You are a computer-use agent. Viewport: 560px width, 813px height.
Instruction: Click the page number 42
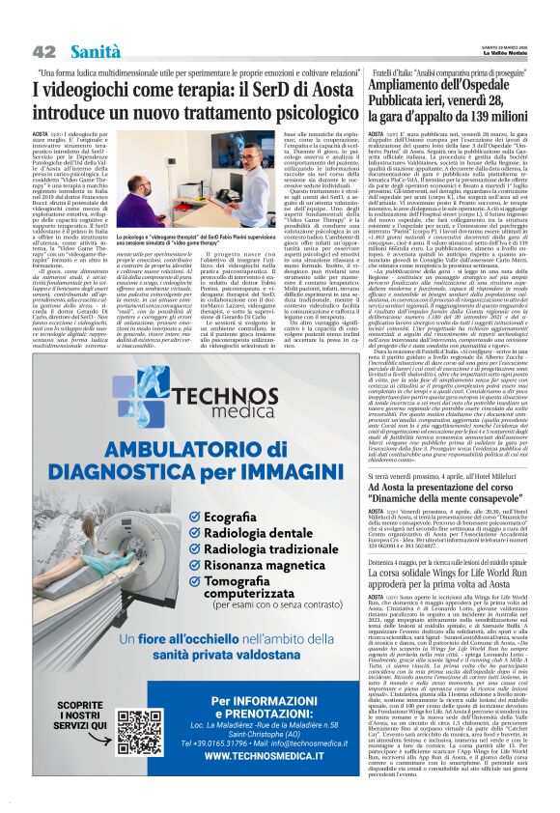[43, 50]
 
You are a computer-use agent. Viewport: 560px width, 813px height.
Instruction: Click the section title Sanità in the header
[95, 50]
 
